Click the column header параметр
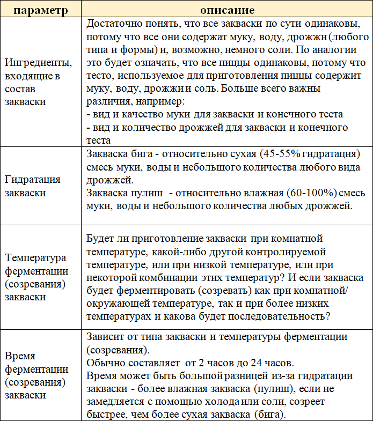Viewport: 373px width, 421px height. [41, 10]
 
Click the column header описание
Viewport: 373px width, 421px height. [227, 10]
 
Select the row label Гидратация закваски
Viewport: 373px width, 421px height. [32, 186]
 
